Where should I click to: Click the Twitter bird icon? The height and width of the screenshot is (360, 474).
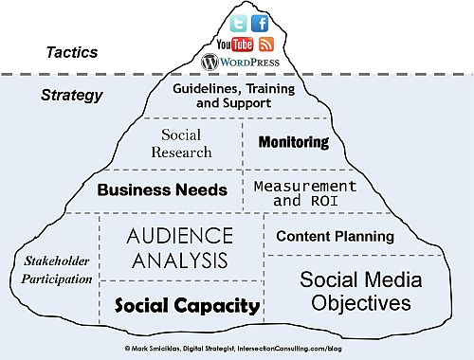[238, 24]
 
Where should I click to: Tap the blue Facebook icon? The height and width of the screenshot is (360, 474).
[260, 24]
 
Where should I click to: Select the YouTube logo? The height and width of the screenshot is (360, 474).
[235, 45]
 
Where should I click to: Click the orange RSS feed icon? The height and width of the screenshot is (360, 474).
[266, 45]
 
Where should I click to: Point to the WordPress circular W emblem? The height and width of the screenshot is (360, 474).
[210, 62]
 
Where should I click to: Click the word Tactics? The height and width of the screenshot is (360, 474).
[72, 52]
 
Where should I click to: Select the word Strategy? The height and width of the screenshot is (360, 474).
[72, 96]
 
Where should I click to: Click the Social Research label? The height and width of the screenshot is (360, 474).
[181, 143]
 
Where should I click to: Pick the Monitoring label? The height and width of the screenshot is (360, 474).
[294, 142]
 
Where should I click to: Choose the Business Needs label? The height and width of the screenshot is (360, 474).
[162, 189]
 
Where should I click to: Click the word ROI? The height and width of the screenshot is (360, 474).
[324, 201]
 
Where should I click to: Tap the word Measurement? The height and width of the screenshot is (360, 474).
[305, 187]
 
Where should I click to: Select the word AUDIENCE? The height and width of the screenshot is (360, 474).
[180, 236]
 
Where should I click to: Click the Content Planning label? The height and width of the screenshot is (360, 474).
[336, 236]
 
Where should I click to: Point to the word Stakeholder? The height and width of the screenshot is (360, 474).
[57, 261]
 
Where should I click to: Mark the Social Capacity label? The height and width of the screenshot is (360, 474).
[187, 305]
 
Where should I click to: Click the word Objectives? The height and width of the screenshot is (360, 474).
[361, 303]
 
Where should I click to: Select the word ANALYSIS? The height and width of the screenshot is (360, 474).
[180, 261]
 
